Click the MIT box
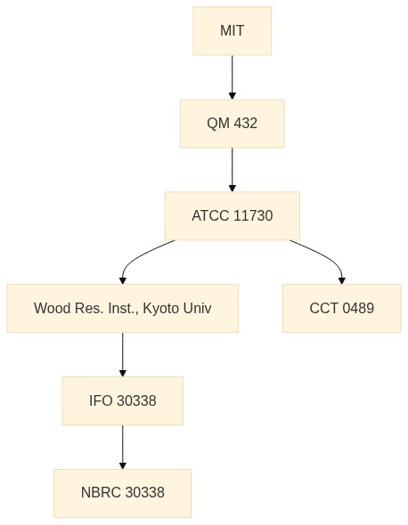click(x=232, y=31)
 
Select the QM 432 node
click(x=232, y=123)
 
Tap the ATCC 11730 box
click(x=232, y=215)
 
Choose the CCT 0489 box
click(x=341, y=308)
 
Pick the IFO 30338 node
click(x=122, y=400)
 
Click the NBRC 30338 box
click(x=122, y=493)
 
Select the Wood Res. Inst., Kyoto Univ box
click(x=122, y=308)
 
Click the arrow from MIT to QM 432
click(x=232, y=77)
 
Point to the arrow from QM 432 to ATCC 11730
click(x=232, y=169)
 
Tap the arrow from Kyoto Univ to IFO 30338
click(x=122, y=354)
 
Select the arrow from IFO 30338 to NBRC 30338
click(x=122, y=447)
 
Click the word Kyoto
click(x=159, y=309)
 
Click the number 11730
click(x=253, y=215)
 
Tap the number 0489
click(x=358, y=308)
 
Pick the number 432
click(x=245, y=123)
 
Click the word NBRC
click(x=101, y=493)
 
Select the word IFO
click(x=101, y=400)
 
